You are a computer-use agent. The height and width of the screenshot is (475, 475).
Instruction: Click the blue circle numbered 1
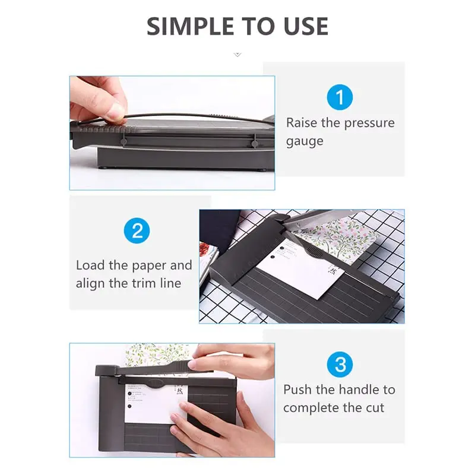point(339,97)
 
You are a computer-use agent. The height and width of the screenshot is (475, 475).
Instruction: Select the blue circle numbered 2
point(137,230)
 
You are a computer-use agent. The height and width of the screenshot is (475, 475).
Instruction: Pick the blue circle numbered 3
point(339,364)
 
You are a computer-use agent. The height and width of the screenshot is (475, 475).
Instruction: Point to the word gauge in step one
point(305,141)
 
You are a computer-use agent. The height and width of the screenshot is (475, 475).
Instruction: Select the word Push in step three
point(297,389)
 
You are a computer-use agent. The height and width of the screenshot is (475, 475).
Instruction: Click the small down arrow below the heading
point(237,54)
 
